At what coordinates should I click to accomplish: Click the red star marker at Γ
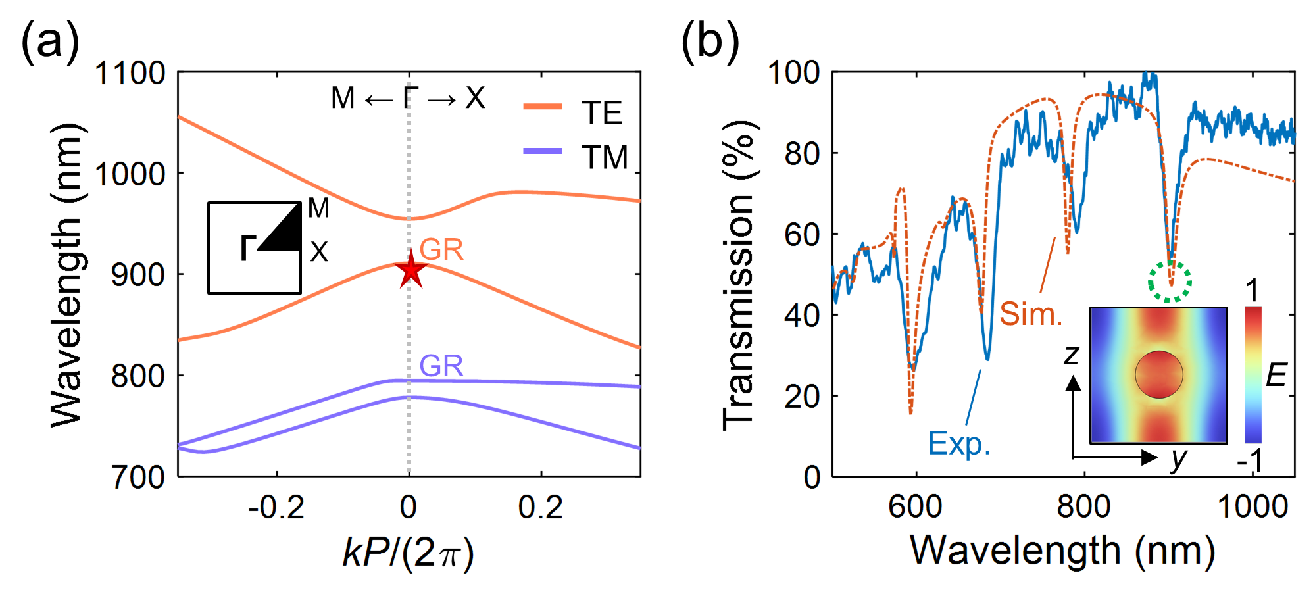coord(411,269)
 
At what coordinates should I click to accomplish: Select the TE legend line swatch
coord(543,107)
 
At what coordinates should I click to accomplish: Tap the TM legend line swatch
coord(543,151)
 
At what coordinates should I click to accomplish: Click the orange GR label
coord(441,250)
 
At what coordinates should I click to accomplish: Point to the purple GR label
coord(441,366)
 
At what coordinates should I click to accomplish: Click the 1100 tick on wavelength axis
coord(130,73)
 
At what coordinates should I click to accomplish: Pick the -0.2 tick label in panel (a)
coord(276,507)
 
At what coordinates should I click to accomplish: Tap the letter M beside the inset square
coord(318,209)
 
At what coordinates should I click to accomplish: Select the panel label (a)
coord(50,42)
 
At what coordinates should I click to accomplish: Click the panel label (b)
coord(710,42)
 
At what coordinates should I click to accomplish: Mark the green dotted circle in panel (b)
coord(1170,282)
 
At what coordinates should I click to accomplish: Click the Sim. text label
coord(1031,314)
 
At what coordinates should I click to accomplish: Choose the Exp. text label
coord(958,444)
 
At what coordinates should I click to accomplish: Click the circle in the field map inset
coord(1158,374)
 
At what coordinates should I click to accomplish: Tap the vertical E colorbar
coord(1253,374)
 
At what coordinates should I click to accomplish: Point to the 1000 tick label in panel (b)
coord(1253,507)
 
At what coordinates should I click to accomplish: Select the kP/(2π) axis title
coord(408,552)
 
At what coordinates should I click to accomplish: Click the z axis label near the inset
coord(1072,356)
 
